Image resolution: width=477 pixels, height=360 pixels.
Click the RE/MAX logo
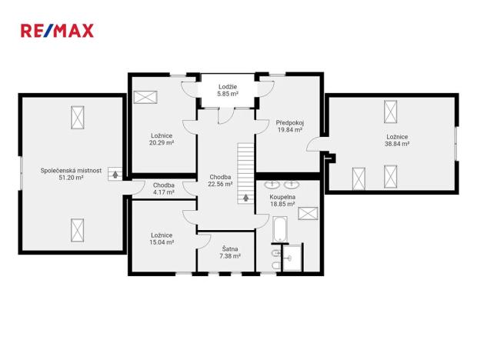click(56, 31)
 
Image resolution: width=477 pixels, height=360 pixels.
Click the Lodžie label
click(227, 86)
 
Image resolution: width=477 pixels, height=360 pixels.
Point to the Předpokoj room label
click(290, 122)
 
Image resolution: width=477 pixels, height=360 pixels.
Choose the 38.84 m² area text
click(398, 144)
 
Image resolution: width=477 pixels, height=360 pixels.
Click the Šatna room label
click(229, 248)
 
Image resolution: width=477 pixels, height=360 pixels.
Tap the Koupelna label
click(282, 197)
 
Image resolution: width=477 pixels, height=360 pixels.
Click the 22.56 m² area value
click(219, 184)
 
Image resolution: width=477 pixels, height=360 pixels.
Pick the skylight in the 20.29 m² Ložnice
click(145, 97)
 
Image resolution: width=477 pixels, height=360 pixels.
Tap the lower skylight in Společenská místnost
click(78, 229)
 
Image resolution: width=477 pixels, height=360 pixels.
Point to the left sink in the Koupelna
click(272, 185)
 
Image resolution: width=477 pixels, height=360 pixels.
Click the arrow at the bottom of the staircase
click(246, 197)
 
